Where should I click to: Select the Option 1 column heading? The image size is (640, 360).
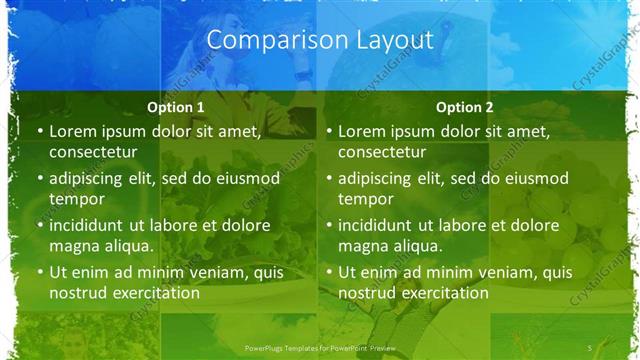[175, 107]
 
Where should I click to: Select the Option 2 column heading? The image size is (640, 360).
[465, 107]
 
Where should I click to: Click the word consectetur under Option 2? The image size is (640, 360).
[382, 152]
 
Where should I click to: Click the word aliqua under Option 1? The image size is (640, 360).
[127, 246]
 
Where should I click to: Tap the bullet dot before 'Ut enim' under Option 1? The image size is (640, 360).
[39, 272]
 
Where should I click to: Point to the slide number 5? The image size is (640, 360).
[590, 347]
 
